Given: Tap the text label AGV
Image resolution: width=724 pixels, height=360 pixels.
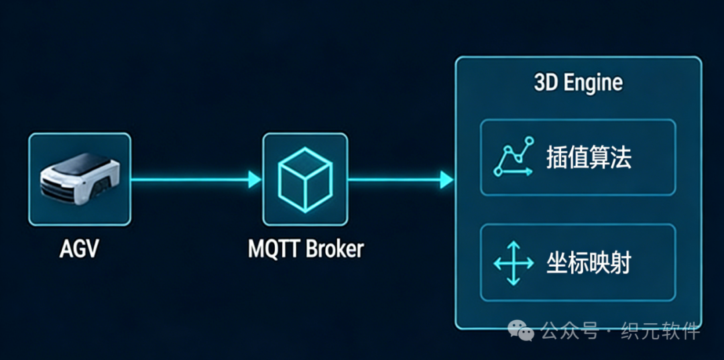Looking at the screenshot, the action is (78, 249).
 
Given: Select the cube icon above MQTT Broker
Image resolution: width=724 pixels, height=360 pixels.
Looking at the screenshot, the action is (305, 178).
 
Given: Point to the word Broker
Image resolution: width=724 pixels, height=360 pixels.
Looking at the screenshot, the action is (335, 249).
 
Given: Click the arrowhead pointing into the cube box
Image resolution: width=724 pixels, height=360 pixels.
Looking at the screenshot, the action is (254, 179).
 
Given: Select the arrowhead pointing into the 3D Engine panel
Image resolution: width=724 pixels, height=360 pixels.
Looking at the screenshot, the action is (446, 179).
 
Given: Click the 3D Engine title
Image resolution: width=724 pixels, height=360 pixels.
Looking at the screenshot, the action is (578, 83).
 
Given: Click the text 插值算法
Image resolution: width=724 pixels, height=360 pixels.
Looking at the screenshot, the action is (589, 158).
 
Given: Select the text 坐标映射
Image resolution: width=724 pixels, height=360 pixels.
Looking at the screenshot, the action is (589, 263).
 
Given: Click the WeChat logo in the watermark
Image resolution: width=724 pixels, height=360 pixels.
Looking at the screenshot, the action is (521, 329).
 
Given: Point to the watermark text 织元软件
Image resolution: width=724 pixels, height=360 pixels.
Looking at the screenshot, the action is (660, 331).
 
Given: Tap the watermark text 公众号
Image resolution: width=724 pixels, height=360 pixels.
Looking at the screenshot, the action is (569, 331).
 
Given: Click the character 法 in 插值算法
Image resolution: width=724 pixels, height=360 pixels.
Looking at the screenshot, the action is (621, 158).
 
